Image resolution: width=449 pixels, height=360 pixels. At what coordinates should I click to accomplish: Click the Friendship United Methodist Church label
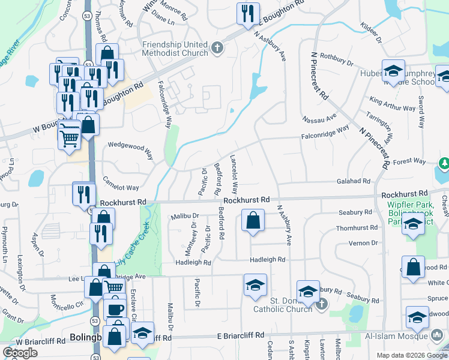(x=175, y=49)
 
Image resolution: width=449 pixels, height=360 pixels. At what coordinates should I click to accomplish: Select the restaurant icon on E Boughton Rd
(x=247, y=14)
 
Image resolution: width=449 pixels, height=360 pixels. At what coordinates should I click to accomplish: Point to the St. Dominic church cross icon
(x=321, y=304)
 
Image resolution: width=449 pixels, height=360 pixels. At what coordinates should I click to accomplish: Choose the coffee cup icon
(x=115, y=310)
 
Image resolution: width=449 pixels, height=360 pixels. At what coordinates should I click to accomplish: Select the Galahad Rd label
(x=353, y=181)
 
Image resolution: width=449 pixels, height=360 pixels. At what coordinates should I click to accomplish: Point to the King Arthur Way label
(x=393, y=104)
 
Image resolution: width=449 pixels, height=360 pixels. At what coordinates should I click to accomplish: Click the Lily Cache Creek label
(x=133, y=252)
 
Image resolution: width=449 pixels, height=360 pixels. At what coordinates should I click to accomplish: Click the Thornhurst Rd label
(x=357, y=228)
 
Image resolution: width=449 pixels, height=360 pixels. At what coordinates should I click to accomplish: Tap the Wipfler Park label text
(x=403, y=205)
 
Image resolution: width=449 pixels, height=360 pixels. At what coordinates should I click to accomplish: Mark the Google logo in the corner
(x=20, y=353)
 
